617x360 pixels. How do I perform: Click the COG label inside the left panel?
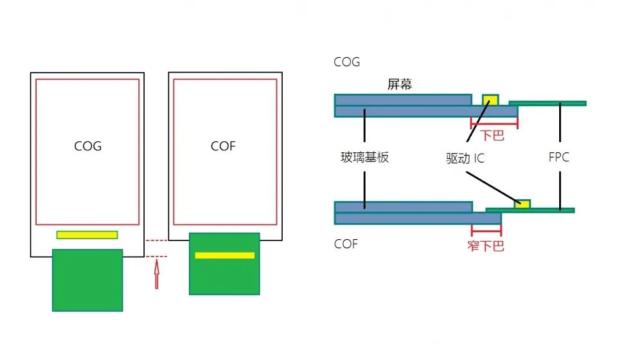(x=88, y=146)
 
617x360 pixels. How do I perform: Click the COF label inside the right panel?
(x=223, y=146)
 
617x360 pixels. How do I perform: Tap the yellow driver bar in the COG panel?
(x=87, y=235)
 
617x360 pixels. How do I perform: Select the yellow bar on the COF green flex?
(x=225, y=255)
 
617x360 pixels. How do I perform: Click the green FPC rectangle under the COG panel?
(x=87, y=280)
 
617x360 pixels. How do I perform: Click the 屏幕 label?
(x=400, y=84)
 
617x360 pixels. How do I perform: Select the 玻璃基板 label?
(x=365, y=157)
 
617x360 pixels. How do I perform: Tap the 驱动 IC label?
(x=465, y=158)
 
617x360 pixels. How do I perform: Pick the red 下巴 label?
(x=494, y=136)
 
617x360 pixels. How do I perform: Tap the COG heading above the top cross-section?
(x=347, y=62)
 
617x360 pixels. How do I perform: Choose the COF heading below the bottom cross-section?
(x=346, y=244)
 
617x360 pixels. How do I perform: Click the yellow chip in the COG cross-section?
(x=490, y=100)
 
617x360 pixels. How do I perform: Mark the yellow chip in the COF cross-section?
(x=523, y=204)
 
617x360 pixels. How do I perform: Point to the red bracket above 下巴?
(x=494, y=122)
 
